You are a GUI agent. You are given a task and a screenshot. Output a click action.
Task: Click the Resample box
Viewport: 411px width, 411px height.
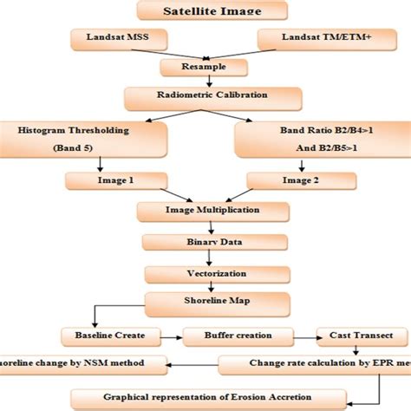click(x=205, y=68)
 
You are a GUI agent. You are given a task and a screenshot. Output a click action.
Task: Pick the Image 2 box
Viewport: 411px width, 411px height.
click(x=292, y=181)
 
